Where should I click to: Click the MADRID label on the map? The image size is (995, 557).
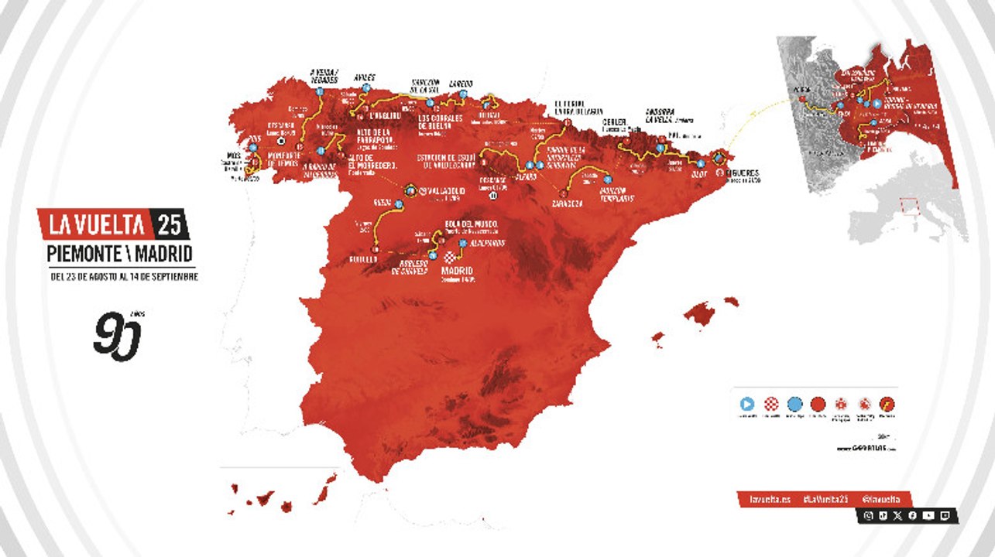pyautogui.click(x=457, y=272)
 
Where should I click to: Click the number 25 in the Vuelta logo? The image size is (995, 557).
pyautogui.click(x=170, y=224)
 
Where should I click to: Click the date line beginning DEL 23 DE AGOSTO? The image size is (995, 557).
pyautogui.click(x=119, y=276)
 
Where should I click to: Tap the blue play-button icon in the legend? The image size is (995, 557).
pyautogui.click(x=747, y=403)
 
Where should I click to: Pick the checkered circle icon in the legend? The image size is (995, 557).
pyautogui.click(x=770, y=403)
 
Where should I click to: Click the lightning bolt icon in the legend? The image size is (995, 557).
pyautogui.click(x=887, y=403)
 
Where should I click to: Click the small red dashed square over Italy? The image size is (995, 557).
pyautogui.click(x=911, y=207)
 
